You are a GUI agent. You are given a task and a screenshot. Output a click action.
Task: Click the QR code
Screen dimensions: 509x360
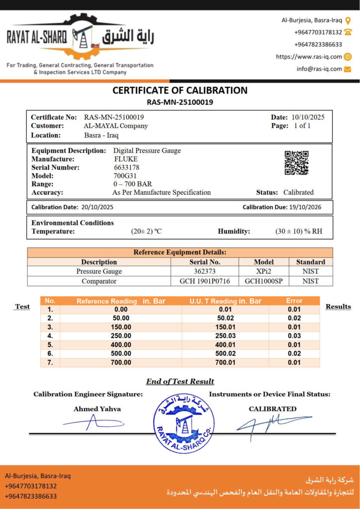(296, 163)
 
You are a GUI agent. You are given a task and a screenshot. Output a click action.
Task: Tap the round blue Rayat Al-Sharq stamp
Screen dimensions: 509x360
(184, 423)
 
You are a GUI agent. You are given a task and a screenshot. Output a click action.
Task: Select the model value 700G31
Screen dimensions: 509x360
(124, 175)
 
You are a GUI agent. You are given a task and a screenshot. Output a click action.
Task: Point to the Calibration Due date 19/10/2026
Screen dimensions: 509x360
(309, 207)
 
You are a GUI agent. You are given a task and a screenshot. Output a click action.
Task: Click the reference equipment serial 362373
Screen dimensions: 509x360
(205, 271)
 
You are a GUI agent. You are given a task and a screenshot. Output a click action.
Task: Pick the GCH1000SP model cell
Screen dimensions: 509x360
(264, 281)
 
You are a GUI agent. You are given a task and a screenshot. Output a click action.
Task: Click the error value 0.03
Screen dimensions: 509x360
(294, 336)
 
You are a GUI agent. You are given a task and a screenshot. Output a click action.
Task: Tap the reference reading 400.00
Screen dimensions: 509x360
(121, 345)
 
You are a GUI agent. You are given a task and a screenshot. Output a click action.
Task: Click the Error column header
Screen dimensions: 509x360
(294, 301)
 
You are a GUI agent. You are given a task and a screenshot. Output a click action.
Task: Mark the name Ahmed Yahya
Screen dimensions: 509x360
(97, 409)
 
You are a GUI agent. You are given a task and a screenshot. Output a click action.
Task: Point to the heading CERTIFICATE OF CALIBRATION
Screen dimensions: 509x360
(180, 90)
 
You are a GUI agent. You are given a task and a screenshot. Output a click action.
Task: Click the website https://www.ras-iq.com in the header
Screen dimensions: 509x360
(309, 57)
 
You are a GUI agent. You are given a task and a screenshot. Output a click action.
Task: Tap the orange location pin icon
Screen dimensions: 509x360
(348, 20)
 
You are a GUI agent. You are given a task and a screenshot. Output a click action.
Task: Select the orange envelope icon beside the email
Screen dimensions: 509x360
(348, 69)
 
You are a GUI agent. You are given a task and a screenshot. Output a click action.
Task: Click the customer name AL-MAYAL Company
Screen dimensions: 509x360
(116, 126)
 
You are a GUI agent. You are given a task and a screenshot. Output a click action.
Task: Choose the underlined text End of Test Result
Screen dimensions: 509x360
(180, 382)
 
